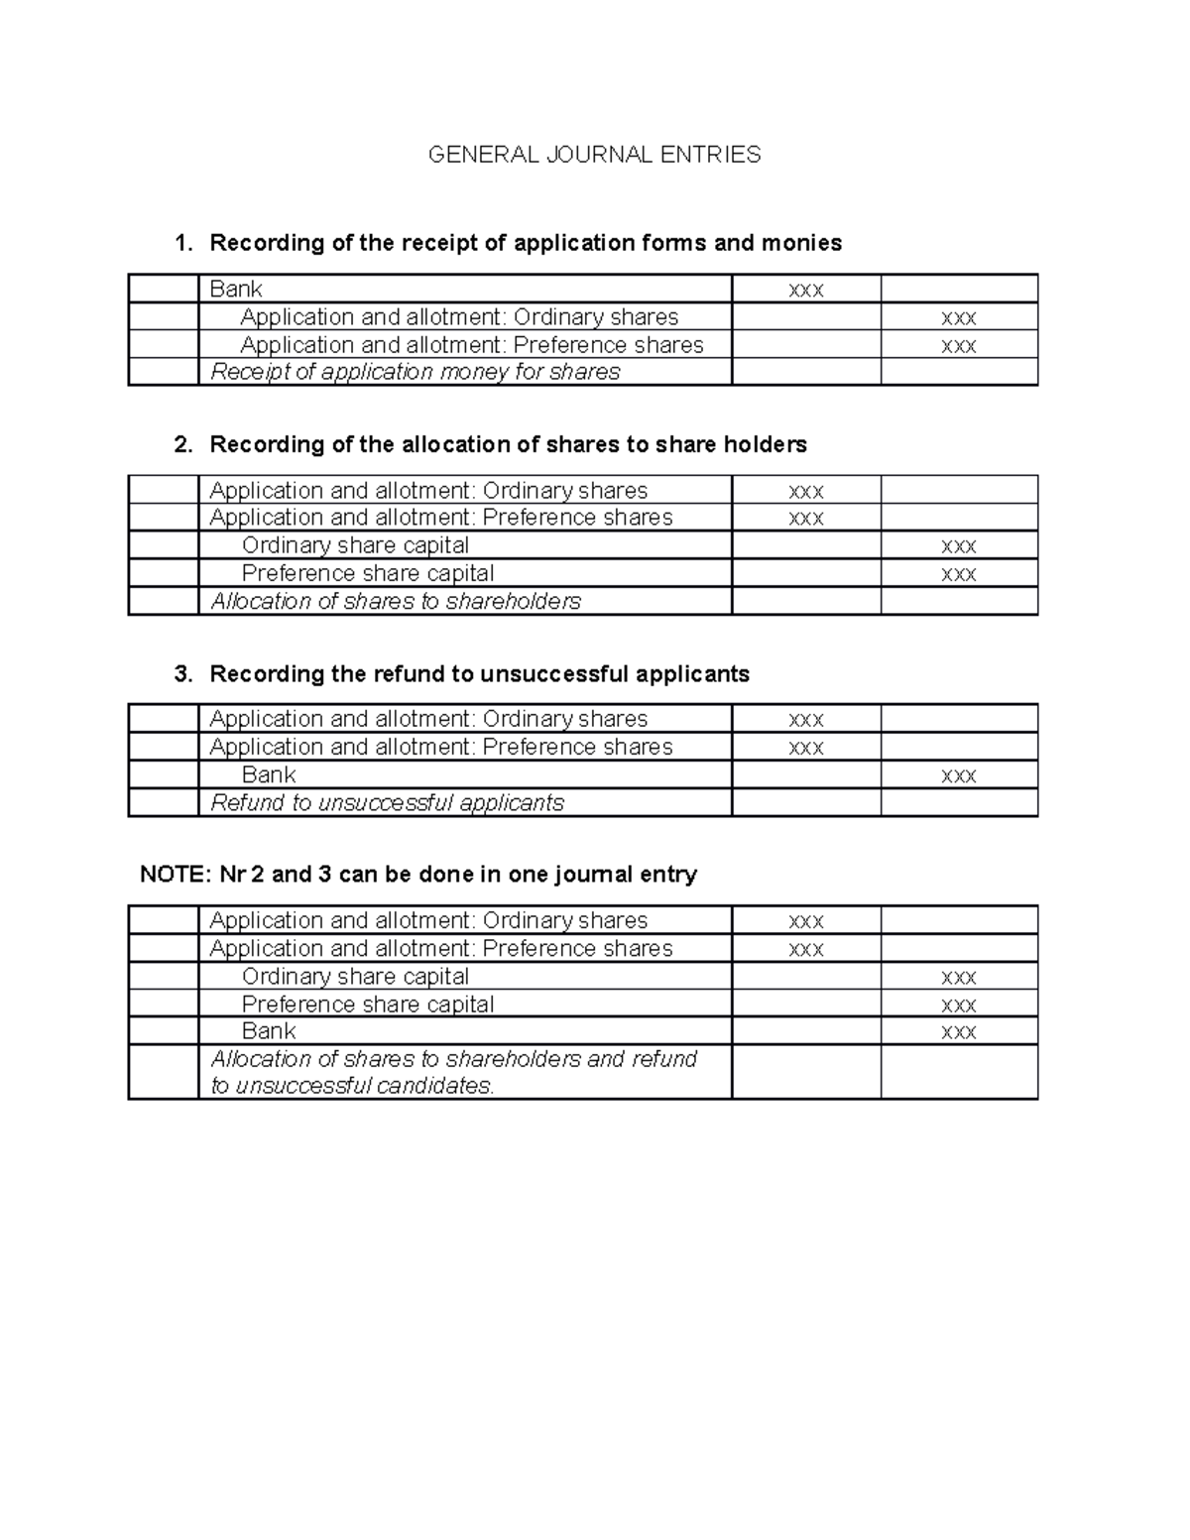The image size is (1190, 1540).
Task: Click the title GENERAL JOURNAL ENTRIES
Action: [x=594, y=155]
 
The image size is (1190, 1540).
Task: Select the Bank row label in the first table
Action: [x=236, y=289]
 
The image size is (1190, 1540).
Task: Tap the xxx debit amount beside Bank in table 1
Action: [x=805, y=291]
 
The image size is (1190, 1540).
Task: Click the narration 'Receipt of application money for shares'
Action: [x=416, y=372]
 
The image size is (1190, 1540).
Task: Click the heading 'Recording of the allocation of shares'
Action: [x=508, y=444]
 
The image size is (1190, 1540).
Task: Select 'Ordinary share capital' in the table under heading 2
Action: [x=355, y=545]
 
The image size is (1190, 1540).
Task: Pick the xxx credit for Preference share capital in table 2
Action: [x=958, y=574]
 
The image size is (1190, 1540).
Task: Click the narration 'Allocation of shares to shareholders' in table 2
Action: [x=396, y=601]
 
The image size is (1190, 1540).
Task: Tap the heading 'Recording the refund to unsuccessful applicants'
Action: [x=479, y=674]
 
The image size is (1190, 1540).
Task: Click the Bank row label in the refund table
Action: [x=269, y=774]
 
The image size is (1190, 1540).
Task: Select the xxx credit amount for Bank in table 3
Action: [x=958, y=775]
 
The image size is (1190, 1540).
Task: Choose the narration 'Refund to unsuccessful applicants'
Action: [x=388, y=802]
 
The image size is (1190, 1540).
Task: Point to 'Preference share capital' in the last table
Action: [x=368, y=1005]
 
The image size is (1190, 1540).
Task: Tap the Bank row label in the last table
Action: [x=269, y=1031]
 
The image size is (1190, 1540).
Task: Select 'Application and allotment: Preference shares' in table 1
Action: [x=472, y=345]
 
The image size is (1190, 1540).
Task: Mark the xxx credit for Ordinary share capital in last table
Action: [x=958, y=978]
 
